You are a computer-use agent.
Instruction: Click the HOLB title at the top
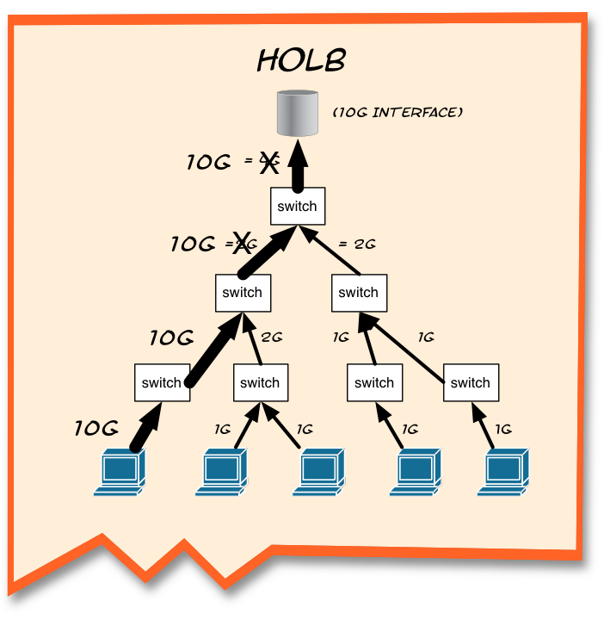click(x=301, y=60)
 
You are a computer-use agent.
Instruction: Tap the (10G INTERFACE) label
click(x=398, y=112)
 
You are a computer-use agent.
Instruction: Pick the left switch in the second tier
click(x=242, y=293)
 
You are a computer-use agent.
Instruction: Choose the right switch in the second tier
click(x=359, y=293)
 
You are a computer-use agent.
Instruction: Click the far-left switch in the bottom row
click(x=162, y=383)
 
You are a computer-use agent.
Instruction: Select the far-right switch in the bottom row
click(x=471, y=383)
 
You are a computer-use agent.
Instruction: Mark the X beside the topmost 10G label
click(x=269, y=163)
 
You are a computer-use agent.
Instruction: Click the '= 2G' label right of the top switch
click(x=357, y=245)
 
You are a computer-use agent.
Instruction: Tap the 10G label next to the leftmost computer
click(x=96, y=428)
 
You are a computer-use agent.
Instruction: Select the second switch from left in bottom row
click(x=260, y=383)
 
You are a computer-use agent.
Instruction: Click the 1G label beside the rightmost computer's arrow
click(x=504, y=428)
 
